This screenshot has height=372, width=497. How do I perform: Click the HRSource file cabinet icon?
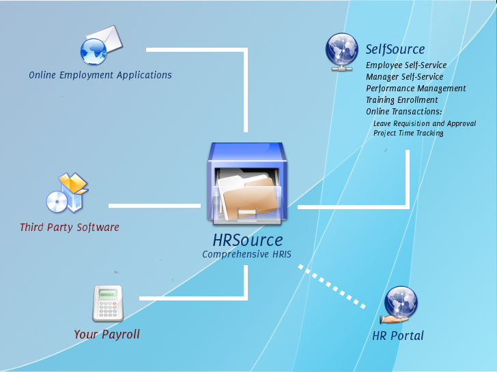tap(247, 183)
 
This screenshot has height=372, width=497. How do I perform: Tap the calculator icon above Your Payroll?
tap(108, 304)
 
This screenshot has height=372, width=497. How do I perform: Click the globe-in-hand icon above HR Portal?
tap(399, 305)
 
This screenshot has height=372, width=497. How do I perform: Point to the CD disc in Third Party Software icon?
tap(57, 202)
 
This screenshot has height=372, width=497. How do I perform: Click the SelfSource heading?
tap(395, 49)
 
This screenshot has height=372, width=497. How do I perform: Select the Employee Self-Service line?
tap(406, 65)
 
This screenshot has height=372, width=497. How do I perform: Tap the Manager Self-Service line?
tap(404, 77)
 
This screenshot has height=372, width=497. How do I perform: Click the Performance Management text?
tap(416, 89)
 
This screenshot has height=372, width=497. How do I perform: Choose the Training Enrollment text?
tap(402, 100)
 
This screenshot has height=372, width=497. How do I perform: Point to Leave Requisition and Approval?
tap(425, 123)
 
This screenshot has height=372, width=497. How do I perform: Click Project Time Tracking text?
tap(408, 133)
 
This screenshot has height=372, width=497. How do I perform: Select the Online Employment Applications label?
tap(100, 75)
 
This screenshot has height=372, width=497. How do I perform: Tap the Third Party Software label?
tap(70, 227)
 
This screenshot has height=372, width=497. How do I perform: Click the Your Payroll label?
tap(106, 335)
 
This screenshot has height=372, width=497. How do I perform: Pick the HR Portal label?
tap(398, 336)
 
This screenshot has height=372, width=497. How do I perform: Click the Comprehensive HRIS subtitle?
tap(246, 254)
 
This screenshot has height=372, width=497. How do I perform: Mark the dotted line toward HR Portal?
tap(332, 287)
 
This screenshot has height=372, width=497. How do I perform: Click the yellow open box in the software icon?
tap(74, 183)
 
